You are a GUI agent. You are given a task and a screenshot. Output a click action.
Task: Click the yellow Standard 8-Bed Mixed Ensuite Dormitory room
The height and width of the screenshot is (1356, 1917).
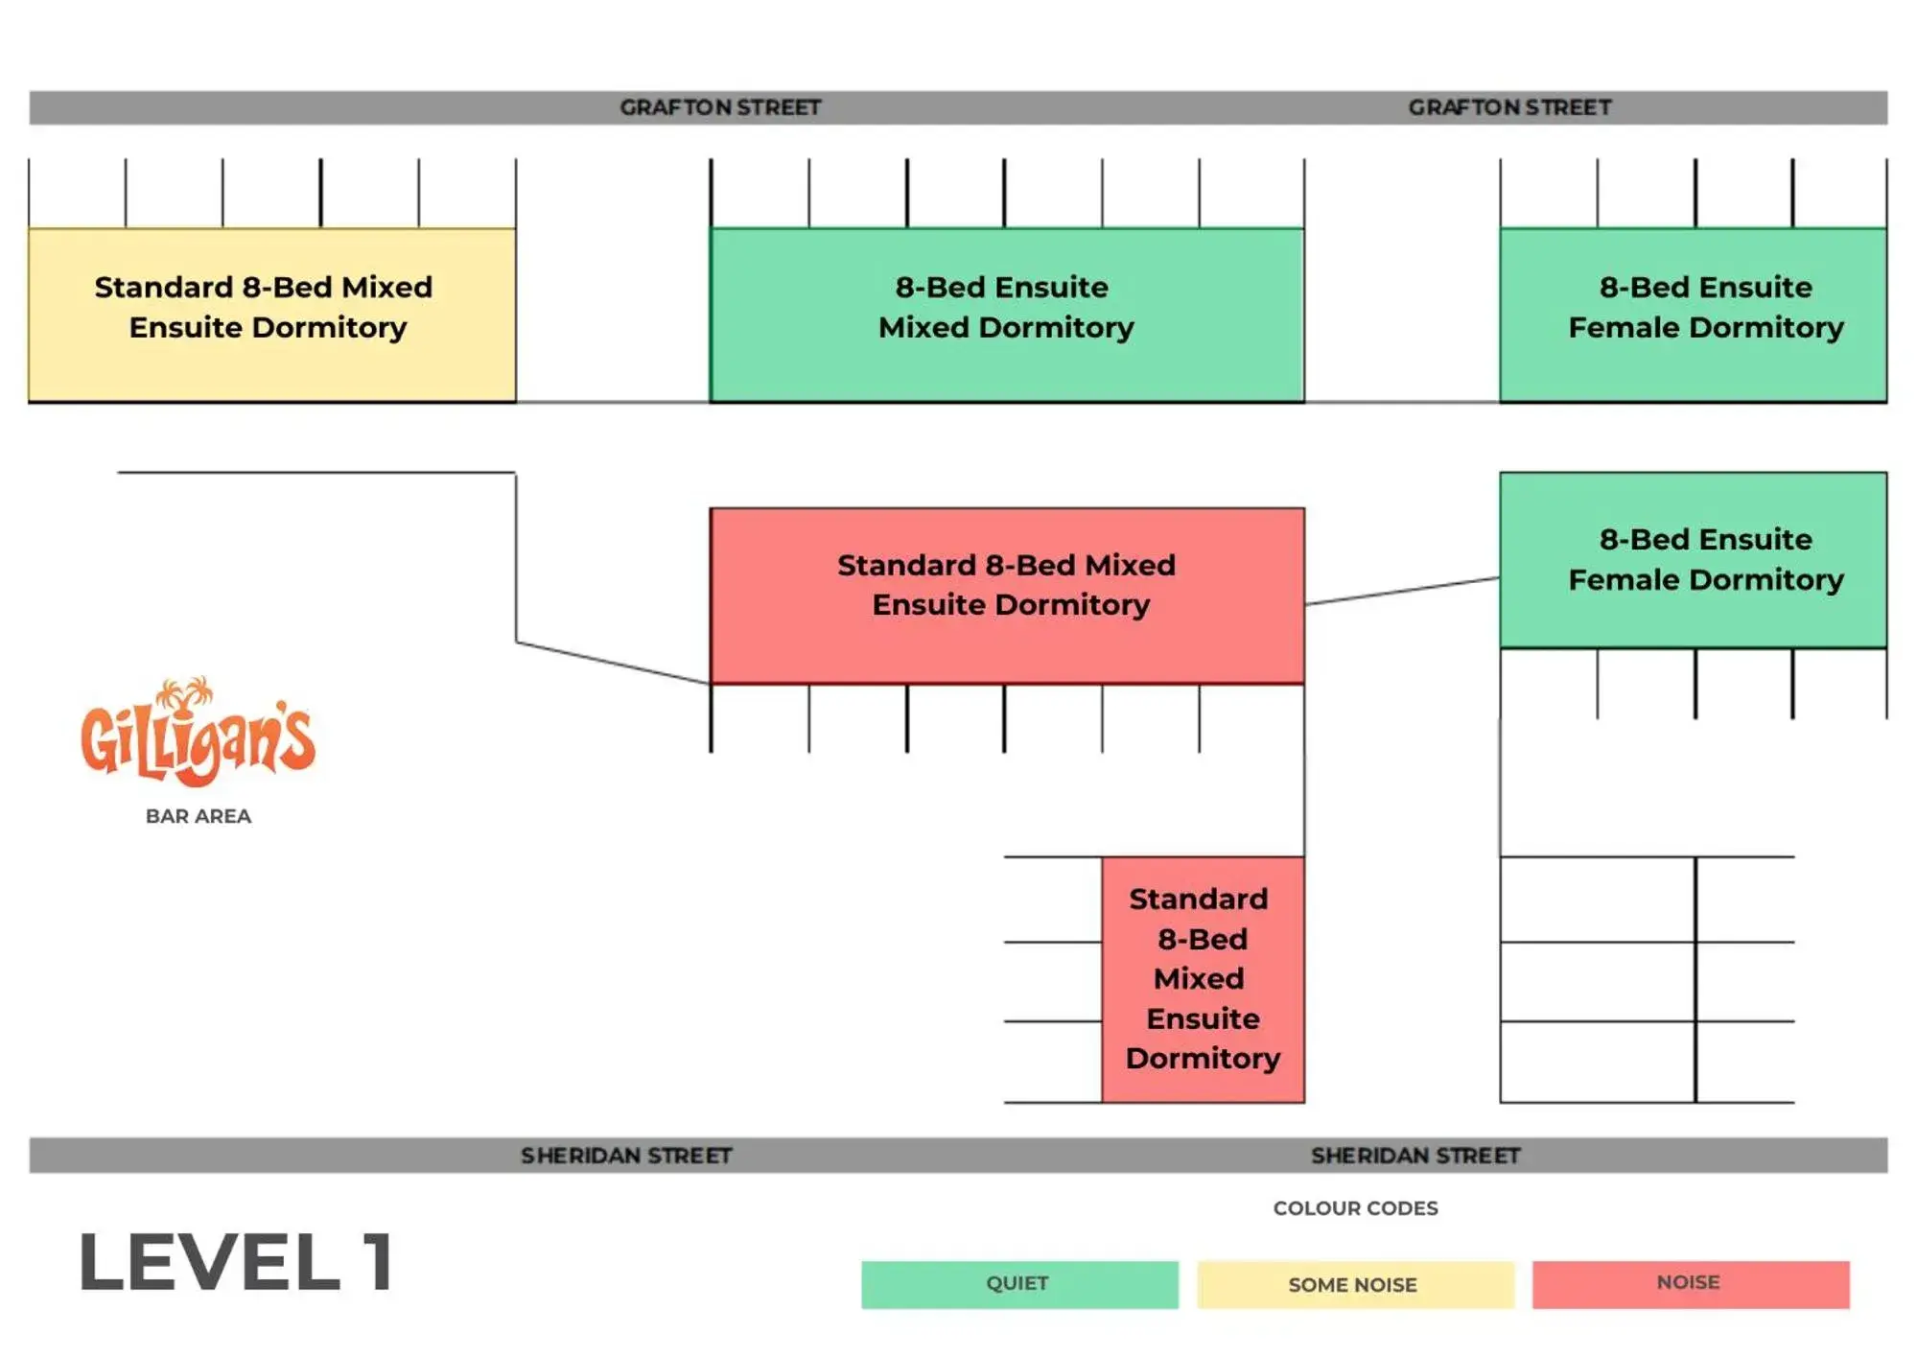[271, 315]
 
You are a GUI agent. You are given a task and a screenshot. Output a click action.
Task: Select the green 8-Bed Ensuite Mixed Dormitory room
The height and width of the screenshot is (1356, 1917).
[1006, 315]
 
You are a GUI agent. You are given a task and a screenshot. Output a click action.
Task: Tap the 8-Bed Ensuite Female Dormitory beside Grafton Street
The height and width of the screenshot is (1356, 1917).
[1693, 315]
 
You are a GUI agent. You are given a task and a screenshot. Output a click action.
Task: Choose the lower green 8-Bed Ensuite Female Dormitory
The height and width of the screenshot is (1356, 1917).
[1693, 559]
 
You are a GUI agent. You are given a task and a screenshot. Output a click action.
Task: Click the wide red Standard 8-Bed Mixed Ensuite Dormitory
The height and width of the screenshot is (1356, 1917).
[1006, 595]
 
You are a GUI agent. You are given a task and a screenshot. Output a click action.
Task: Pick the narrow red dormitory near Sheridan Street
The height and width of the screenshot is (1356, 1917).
[1203, 978]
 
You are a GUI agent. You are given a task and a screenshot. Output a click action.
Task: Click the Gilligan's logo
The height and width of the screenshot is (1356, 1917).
[198, 734]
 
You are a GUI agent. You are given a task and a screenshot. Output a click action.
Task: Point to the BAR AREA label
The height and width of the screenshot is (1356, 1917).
[199, 816]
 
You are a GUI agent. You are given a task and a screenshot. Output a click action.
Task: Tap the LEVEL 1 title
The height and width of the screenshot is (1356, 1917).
[236, 1262]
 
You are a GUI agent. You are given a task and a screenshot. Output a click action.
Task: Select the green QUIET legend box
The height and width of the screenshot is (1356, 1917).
[1018, 1284]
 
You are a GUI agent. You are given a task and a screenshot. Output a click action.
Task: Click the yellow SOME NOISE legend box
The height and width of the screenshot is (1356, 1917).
[1354, 1284]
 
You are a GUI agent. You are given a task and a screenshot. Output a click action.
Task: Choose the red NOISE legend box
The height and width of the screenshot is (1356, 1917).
[1690, 1284]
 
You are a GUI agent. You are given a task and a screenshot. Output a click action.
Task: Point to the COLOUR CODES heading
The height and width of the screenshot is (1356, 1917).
[1355, 1208]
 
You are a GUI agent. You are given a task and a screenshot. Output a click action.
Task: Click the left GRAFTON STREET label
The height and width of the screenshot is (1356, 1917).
[720, 107]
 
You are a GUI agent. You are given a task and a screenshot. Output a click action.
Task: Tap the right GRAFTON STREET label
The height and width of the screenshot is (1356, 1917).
[1509, 107]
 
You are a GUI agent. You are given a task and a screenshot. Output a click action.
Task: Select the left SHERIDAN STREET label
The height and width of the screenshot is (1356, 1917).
[626, 1156]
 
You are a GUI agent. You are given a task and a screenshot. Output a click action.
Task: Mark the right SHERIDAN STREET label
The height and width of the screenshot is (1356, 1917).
[1415, 1156]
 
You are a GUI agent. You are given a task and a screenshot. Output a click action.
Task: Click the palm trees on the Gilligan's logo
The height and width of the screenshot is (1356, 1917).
[187, 691]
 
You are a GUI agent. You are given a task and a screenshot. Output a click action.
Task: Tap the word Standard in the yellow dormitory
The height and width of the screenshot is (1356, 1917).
[163, 288]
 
